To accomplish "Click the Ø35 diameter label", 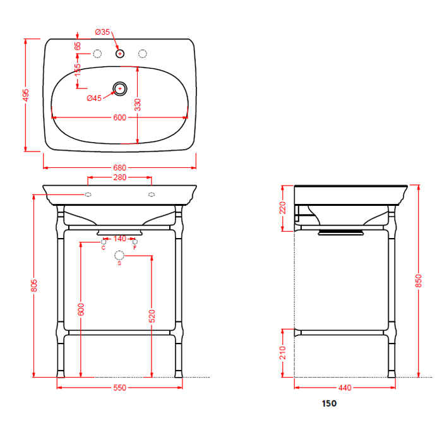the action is click(102, 32).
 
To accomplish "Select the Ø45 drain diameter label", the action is click(94, 98).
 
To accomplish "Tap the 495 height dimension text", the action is click(26, 95).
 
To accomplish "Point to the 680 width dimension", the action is click(119, 168).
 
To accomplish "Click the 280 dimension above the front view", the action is click(119, 177).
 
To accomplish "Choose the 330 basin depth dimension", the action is click(138, 105).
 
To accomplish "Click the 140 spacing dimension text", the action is click(119, 239).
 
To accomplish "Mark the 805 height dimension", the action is click(34, 285).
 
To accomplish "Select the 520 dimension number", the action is click(152, 316).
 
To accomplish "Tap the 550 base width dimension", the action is click(119, 388).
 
